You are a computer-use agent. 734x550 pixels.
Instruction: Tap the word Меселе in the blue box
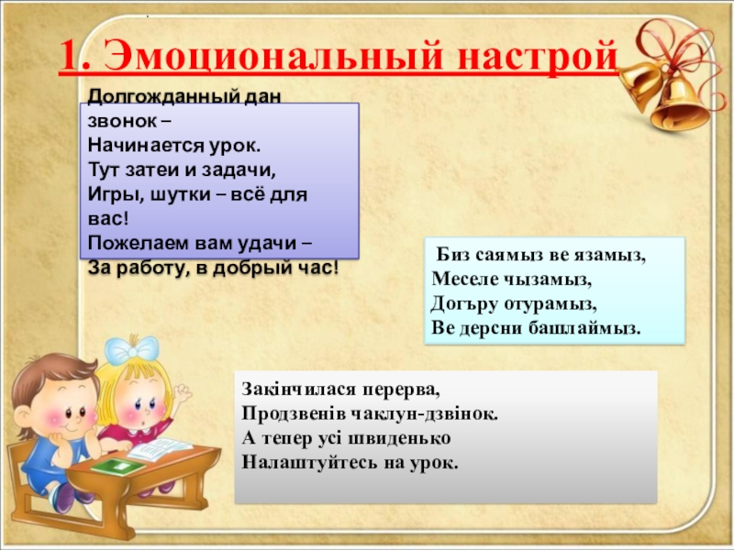[x=464, y=280]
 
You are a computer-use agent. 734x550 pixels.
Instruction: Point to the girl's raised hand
[x=182, y=396]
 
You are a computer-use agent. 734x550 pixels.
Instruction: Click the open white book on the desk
[x=160, y=449]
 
